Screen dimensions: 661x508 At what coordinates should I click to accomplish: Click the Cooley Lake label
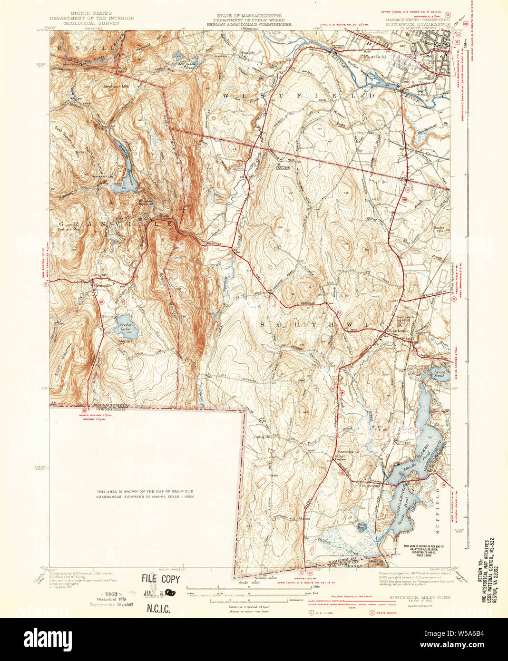[126, 327]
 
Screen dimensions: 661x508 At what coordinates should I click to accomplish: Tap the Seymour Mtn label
[116, 87]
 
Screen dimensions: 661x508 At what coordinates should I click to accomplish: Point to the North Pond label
[439, 374]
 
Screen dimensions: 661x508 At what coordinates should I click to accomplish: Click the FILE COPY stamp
[160, 579]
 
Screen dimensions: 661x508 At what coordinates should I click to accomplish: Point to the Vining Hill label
[262, 436]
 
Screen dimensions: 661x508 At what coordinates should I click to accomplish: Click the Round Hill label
[439, 229]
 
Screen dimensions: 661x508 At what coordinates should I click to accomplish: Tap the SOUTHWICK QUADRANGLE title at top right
[417, 23]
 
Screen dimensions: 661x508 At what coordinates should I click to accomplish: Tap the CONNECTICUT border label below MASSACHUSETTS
[110, 409]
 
